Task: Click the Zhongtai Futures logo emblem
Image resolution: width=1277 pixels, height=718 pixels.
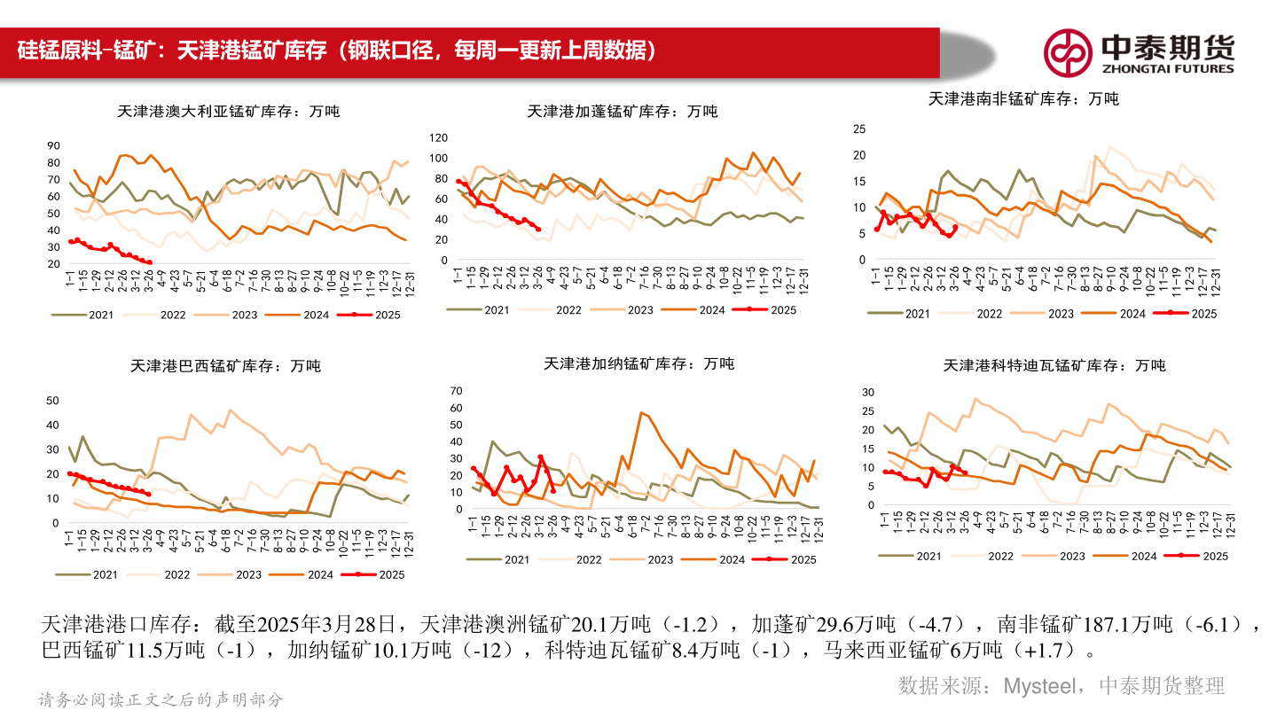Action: (1067, 53)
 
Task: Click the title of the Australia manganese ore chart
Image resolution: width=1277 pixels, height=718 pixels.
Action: (228, 112)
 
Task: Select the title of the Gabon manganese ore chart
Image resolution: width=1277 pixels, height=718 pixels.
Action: (623, 112)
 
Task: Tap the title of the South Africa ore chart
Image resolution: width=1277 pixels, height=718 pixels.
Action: (1023, 99)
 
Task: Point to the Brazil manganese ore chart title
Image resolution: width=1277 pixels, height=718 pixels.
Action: (225, 365)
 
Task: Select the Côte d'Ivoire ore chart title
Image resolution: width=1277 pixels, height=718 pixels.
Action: (1054, 365)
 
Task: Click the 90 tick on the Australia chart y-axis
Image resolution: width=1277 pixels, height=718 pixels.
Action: (53, 146)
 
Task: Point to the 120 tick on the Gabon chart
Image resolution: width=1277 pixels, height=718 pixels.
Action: (435, 138)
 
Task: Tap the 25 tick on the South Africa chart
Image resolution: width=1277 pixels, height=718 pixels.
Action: (858, 129)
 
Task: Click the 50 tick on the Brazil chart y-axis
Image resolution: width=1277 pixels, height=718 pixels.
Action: (51, 402)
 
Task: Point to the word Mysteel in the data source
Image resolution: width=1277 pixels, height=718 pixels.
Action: (1041, 685)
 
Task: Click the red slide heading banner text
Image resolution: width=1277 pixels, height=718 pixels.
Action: (337, 51)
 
